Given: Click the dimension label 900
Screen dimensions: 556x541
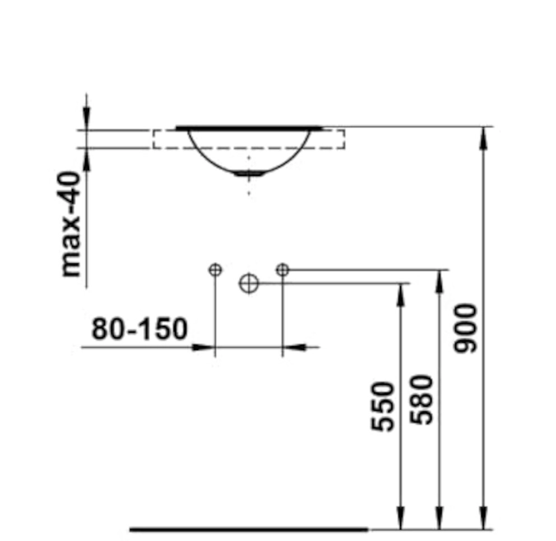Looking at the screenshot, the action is [x=466, y=328].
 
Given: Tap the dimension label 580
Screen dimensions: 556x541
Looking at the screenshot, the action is [x=421, y=399].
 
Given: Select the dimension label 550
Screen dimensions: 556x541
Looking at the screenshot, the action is [x=383, y=406].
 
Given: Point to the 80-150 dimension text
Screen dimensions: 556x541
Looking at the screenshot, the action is [x=140, y=328].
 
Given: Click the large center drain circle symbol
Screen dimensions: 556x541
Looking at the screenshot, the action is [x=249, y=283].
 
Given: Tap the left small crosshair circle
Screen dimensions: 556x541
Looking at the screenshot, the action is [x=215, y=270].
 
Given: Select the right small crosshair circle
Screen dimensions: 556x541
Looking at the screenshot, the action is [x=282, y=270].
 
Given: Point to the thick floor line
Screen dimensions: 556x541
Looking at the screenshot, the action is [x=248, y=530].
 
